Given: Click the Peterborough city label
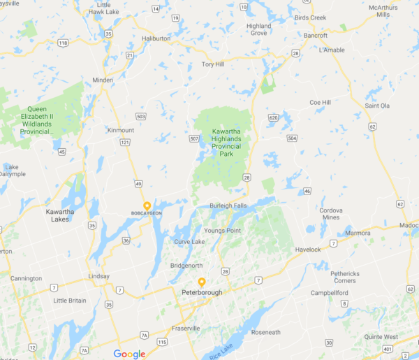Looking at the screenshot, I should (202, 292).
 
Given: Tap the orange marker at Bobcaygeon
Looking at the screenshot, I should (147, 206).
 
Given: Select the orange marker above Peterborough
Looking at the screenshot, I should (202, 282).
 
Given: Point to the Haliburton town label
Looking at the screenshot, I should (156, 38).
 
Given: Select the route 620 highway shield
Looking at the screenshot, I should (272, 117).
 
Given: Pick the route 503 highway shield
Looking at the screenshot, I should (141, 116).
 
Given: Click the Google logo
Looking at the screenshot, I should (129, 354).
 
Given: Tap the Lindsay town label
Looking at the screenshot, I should (98, 276).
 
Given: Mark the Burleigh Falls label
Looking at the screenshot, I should (228, 206).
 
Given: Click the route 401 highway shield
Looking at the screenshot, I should (389, 347).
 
